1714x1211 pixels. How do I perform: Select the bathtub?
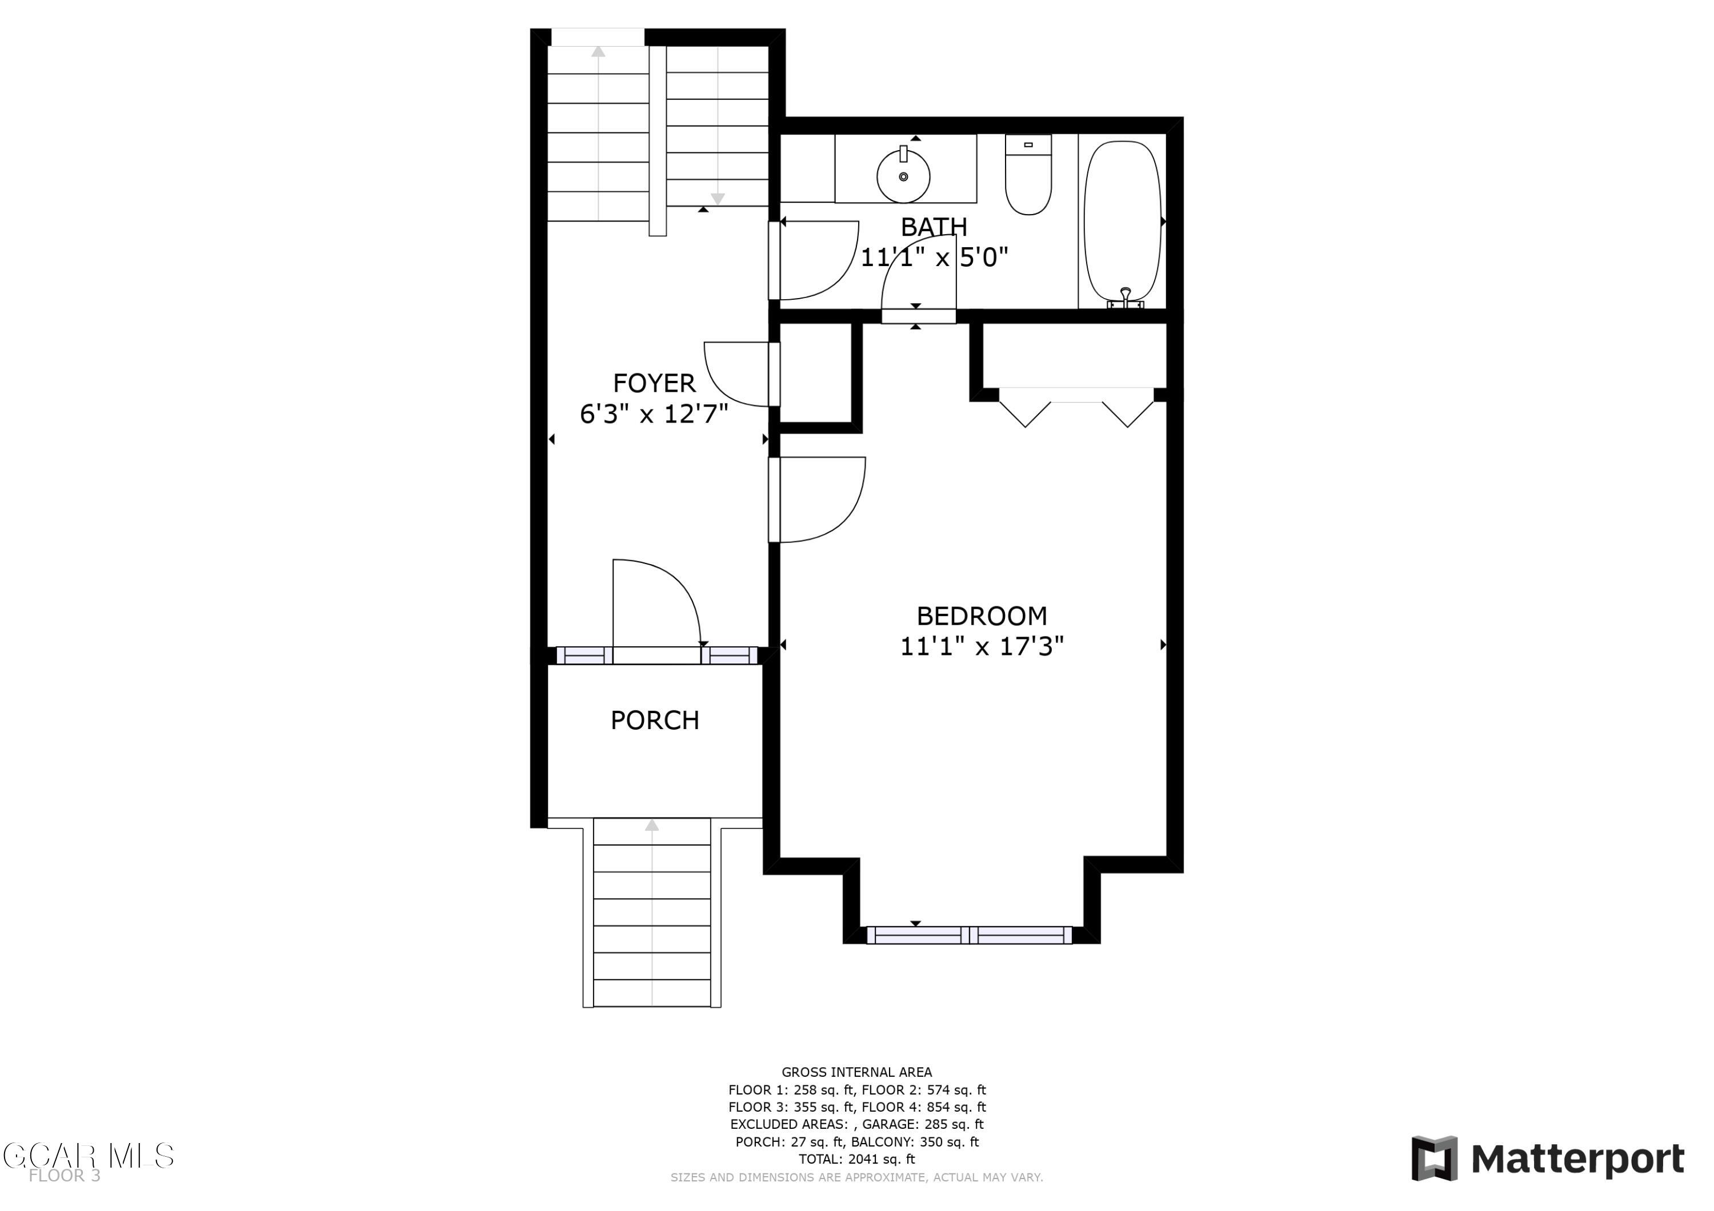1123,222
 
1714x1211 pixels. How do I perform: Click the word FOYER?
654,384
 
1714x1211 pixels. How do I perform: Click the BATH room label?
934,226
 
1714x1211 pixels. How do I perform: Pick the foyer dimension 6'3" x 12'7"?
654,413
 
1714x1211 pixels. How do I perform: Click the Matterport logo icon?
1434,1159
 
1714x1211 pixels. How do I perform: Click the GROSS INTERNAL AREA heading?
857,1072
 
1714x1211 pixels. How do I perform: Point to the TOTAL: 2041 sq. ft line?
857,1159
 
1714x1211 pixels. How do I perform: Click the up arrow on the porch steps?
652,825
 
